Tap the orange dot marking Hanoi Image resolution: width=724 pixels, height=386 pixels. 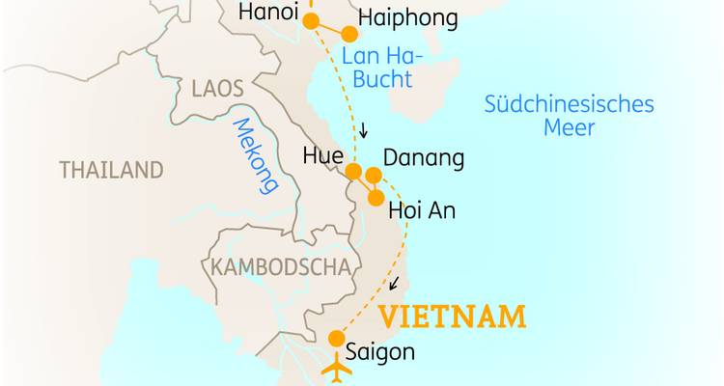pyautogui.click(x=311, y=20)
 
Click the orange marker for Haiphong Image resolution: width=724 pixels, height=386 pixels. pyautogui.click(x=349, y=34)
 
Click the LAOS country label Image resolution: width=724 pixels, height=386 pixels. pyautogui.click(x=217, y=89)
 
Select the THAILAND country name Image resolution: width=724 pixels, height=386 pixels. pyautogui.click(x=111, y=171)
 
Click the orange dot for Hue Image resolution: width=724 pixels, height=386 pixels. pyautogui.click(x=353, y=173)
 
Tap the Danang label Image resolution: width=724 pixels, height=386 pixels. pyautogui.click(x=424, y=157)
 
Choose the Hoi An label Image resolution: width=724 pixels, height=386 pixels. pyautogui.click(x=421, y=209)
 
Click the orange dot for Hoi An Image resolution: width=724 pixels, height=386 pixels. pyautogui.click(x=375, y=197)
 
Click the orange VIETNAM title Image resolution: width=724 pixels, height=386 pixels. pyautogui.click(x=452, y=317)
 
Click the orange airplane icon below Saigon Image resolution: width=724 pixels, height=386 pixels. pyautogui.click(x=338, y=370)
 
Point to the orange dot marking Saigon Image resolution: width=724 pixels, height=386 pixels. pyautogui.click(x=336, y=339)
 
